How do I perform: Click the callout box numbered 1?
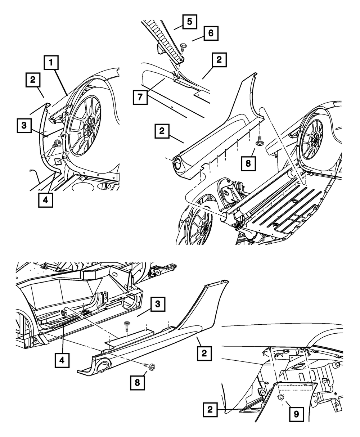(x=52, y=64)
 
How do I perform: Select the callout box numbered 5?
(x=189, y=22)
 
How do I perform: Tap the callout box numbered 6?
(x=211, y=33)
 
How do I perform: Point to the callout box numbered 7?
(x=140, y=97)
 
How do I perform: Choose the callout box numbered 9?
(x=296, y=414)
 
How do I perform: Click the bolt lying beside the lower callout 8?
(x=151, y=366)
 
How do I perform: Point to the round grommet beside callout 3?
(x=57, y=144)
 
